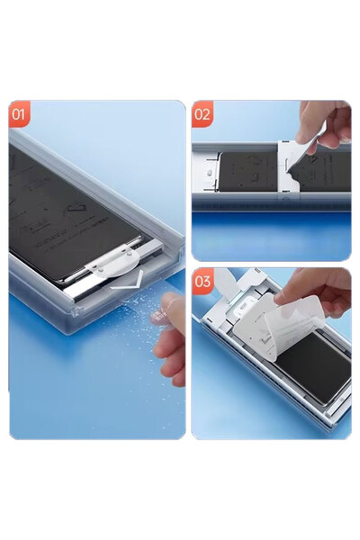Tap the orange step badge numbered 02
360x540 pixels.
point(202,114)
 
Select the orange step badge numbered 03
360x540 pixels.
point(202,282)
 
